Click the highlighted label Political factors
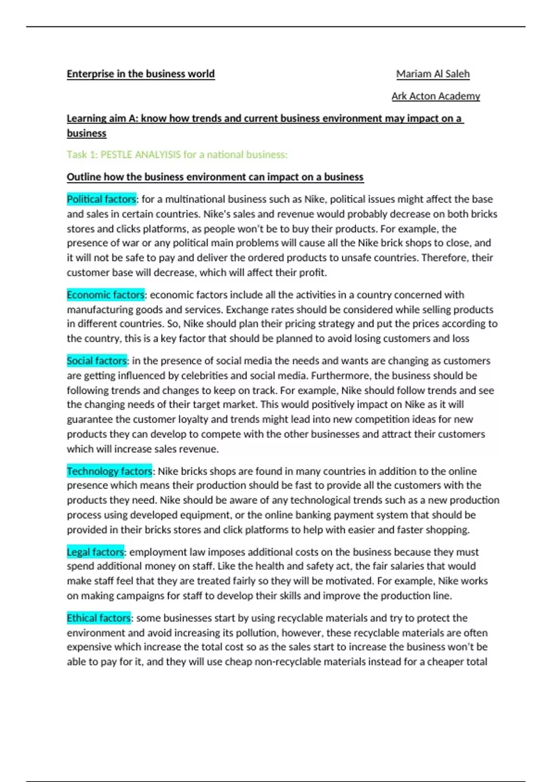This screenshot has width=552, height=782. pyautogui.click(x=101, y=199)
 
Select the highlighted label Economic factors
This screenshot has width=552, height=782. pyautogui.click(x=105, y=295)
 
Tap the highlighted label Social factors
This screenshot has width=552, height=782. pyautogui.click(x=97, y=361)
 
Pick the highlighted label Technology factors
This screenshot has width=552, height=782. pyautogui.click(x=109, y=471)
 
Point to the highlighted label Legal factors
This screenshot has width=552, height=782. pyautogui.click(x=95, y=552)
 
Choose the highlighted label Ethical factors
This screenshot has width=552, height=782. pyautogui.click(x=98, y=618)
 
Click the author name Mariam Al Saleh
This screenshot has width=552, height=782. pyautogui.click(x=433, y=74)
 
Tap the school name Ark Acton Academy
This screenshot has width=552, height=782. pyautogui.click(x=436, y=96)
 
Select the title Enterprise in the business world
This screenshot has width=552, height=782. pyautogui.click(x=141, y=74)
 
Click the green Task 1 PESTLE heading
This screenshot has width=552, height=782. pyautogui.click(x=177, y=155)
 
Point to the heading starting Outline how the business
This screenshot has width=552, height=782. pyautogui.click(x=215, y=177)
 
